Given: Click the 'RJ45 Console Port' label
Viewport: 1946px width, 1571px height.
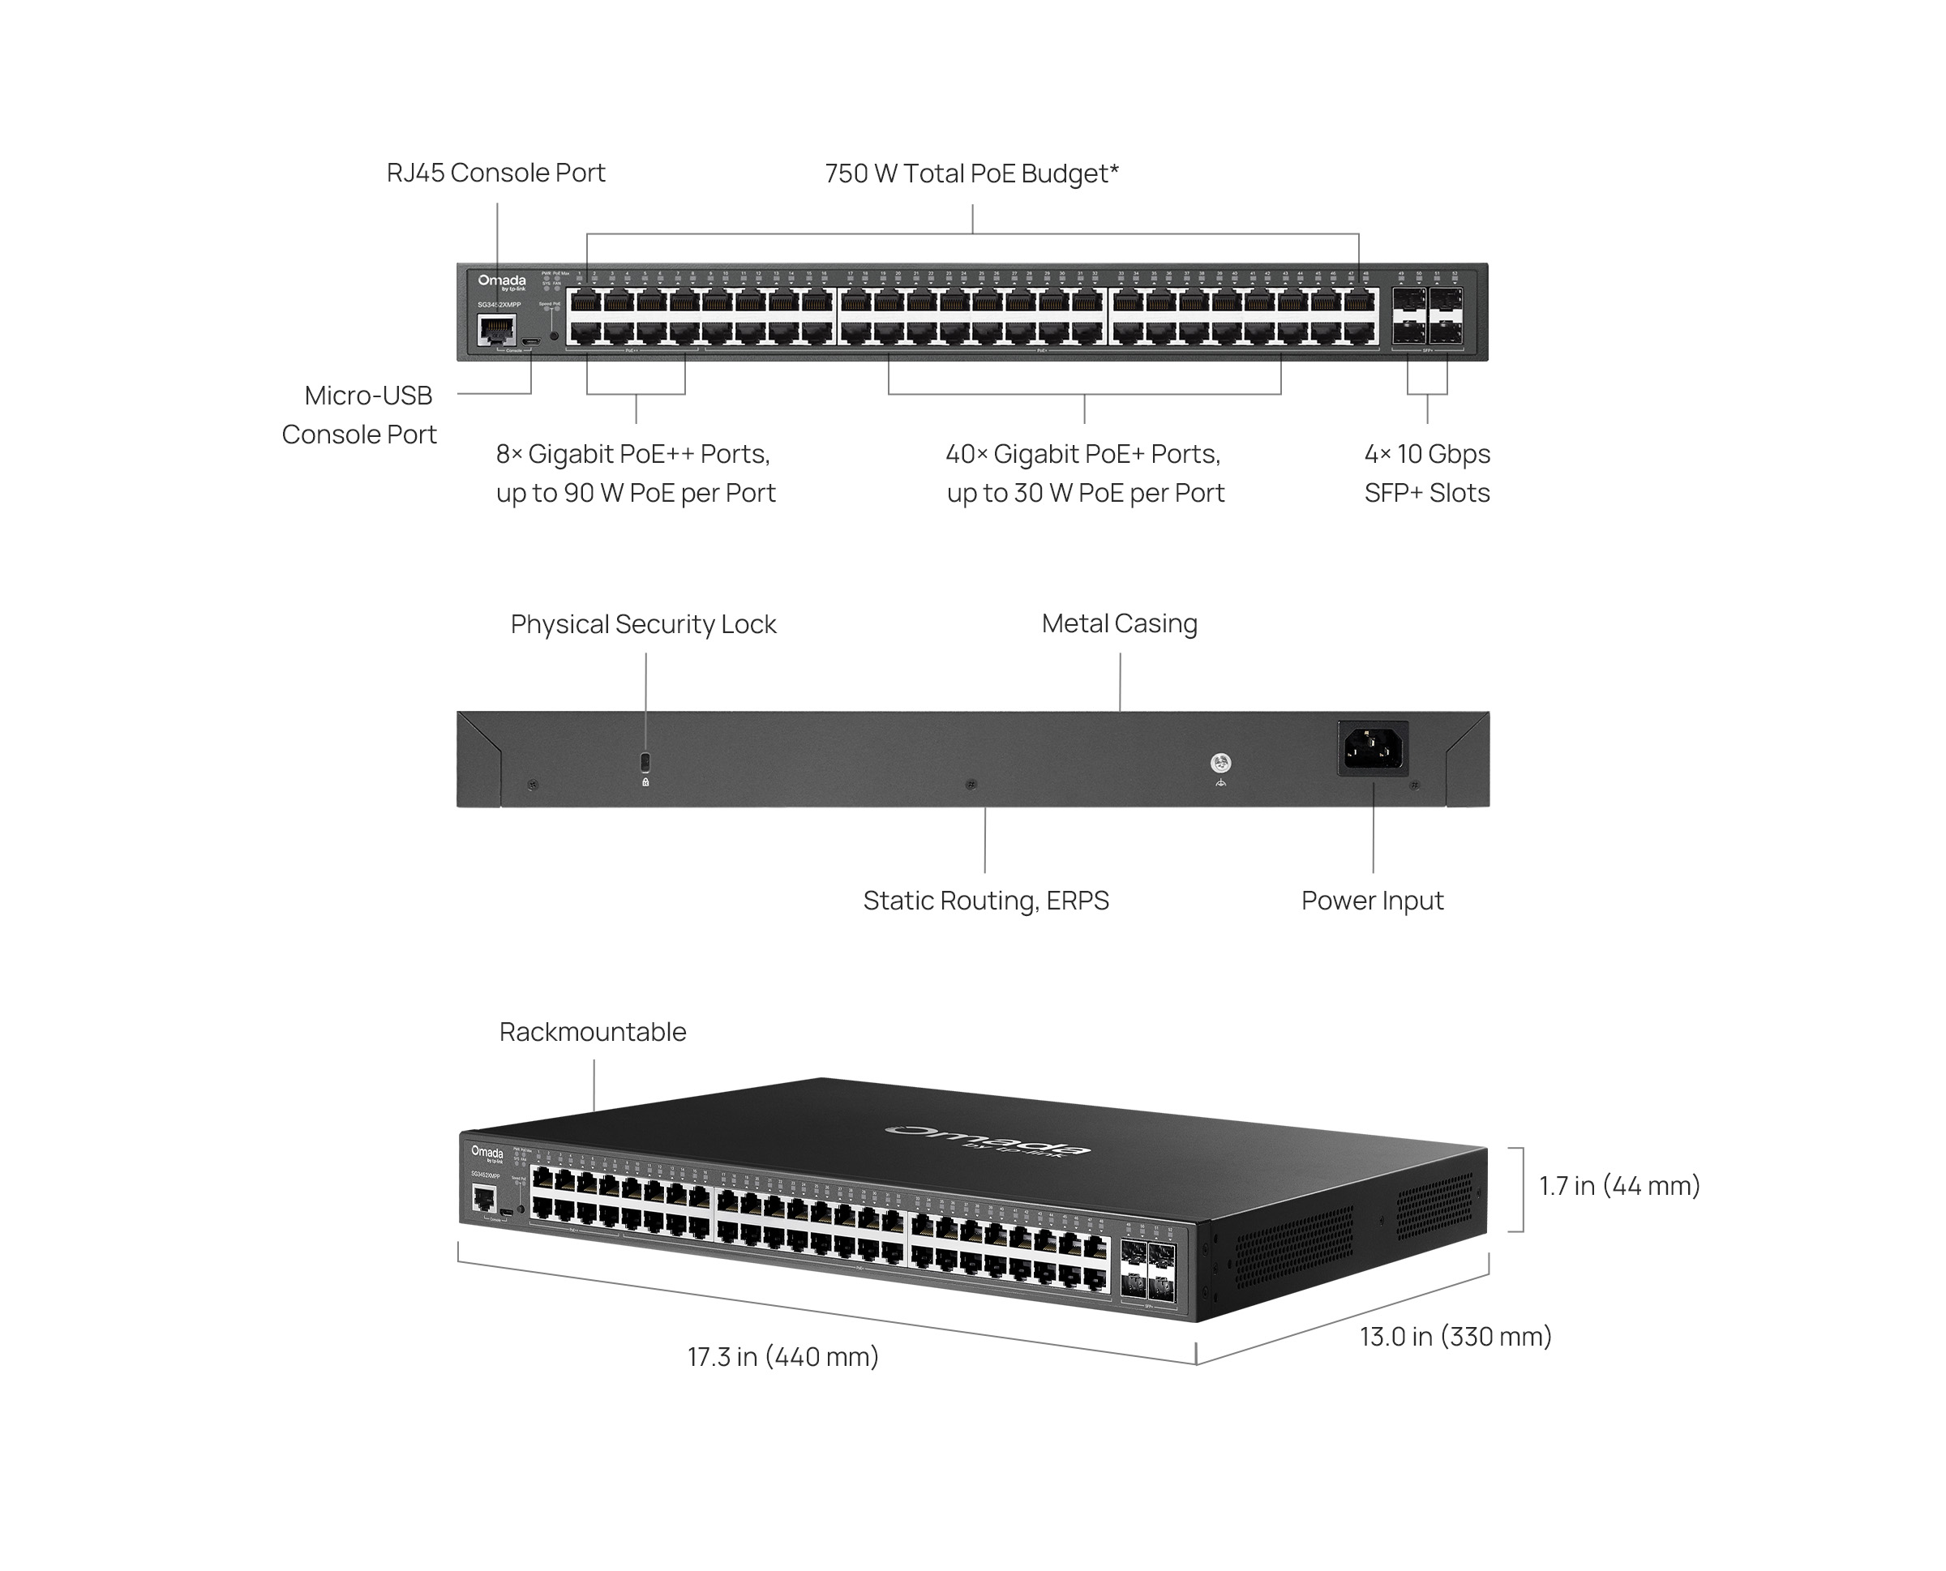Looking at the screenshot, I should tap(495, 173).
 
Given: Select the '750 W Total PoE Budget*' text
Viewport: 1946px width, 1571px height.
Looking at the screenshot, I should tap(971, 173).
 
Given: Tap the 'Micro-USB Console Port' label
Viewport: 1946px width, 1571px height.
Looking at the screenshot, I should tap(359, 414).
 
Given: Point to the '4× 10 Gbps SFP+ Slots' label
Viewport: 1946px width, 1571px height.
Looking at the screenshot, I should tap(1426, 473).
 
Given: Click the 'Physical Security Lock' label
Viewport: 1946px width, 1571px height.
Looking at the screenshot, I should tap(643, 624).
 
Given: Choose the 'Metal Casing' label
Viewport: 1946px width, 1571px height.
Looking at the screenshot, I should tap(1119, 623).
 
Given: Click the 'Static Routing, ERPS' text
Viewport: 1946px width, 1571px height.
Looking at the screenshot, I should tap(986, 901).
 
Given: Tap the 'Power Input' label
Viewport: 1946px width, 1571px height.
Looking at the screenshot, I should tap(1371, 901).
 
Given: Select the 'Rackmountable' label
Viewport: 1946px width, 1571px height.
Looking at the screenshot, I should tap(592, 1032).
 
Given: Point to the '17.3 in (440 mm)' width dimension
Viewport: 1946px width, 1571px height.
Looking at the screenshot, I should tap(783, 1356).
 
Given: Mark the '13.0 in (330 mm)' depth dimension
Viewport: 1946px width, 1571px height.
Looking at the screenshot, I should tap(1455, 1337).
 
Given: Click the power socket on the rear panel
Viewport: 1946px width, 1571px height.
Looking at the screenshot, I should tap(1372, 748).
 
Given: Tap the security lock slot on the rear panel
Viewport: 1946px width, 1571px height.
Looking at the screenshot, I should tap(645, 760).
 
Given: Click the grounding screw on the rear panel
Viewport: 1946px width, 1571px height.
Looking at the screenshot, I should tap(1220, 763).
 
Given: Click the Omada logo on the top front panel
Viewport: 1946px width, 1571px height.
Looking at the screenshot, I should tap(501, 281).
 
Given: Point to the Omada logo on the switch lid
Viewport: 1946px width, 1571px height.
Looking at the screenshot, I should tap(987, 1141).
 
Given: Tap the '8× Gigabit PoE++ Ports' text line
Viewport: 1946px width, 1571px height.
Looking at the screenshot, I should tap(632, 453).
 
